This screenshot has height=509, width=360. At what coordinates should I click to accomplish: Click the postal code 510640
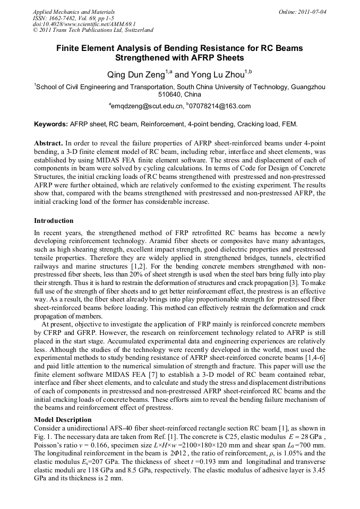pyautogui.click(x=170, y=94)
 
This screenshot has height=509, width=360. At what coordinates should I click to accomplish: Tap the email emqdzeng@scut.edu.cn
pyautogui.click(x=145, y=106)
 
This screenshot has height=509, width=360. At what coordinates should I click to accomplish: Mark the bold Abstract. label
pyautogui.click(x=48, y=143)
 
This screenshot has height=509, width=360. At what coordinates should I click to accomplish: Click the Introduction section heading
pyautogui.click(x=54, y=220)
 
